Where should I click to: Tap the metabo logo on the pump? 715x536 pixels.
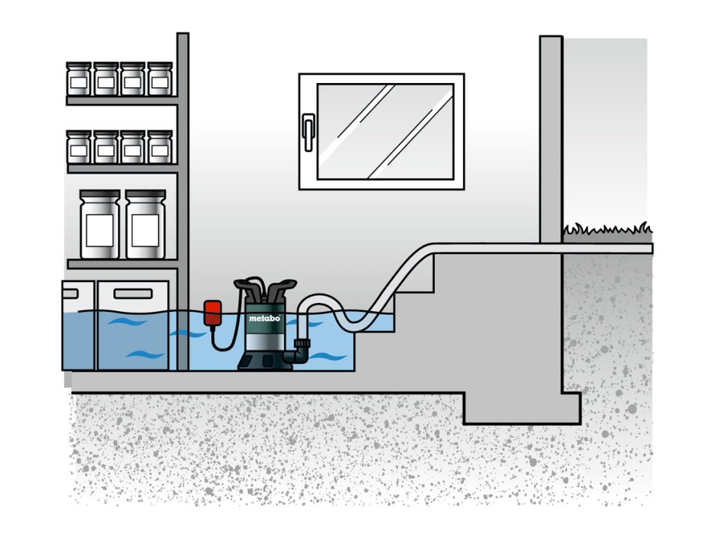(265, 318)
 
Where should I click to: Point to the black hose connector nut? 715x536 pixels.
(302, 344)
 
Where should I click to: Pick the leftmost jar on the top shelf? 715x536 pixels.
(79, 79)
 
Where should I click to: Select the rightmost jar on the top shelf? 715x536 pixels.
(160, 79)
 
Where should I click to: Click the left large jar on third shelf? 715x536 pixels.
(100, 224)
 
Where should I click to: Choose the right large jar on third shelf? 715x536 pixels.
(145, 224)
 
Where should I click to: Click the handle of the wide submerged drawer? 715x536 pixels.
(133, 294)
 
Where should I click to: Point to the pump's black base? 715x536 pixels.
(265, 360)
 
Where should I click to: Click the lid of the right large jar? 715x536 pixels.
(145, 195)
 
